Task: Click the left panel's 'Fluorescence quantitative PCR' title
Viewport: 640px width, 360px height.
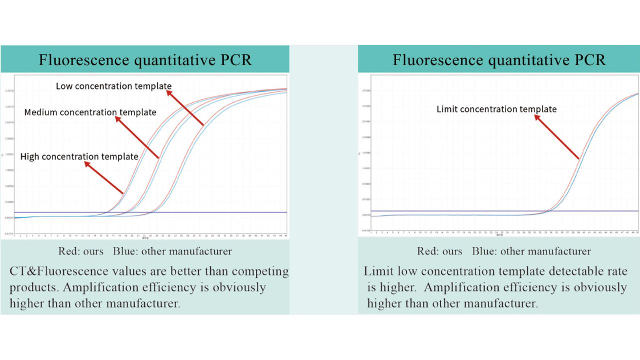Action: (145, 60)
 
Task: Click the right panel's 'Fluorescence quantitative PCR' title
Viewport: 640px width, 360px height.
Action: (498, 60)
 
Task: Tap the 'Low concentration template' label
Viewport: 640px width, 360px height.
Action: (113, 86)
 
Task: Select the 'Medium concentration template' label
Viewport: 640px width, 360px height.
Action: (90, 112)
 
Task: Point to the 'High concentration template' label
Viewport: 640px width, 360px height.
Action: (79, 156)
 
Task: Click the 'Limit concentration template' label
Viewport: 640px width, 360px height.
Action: (496, 109)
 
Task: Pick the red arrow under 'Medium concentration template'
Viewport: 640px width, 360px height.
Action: (137, 138)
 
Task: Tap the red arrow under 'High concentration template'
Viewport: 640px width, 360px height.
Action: (104, 177)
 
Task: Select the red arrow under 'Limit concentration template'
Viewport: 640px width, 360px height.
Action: (557, 137)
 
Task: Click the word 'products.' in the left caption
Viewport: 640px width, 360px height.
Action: (33, 287)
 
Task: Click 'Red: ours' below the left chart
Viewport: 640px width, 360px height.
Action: (81, 251)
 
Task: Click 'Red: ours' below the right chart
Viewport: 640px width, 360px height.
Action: (440, 251)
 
